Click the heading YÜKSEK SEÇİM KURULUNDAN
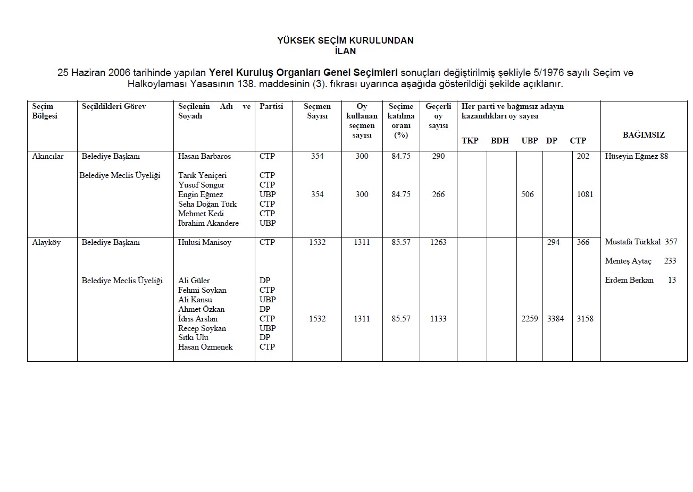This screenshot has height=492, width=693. coord(345,40)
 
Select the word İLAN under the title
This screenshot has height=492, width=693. coord(345,52)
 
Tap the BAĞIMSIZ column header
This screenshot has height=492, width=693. coord(644,135)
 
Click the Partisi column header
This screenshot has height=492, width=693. coord(271,106)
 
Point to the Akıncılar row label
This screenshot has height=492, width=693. coord(48,156)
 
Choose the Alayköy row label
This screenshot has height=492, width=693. coord(47,242)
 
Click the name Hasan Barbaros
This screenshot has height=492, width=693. coord(204,156)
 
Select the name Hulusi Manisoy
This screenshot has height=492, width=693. coord(205,242)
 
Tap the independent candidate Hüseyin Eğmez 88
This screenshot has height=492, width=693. coord(636,156)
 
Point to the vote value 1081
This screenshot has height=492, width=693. coord(585,194)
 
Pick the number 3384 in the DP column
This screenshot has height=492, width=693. coord(555,319)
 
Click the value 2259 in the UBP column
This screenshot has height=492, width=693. coord(529,319)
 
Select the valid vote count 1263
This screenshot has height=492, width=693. coord(438,242)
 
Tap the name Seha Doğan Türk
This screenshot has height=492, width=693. coord(207,204)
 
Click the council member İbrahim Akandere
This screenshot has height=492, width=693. coord(208,223)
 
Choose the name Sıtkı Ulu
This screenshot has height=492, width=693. coord(193,337)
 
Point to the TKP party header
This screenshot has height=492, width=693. coord(470,141)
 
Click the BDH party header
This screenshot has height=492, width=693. coord(499,141)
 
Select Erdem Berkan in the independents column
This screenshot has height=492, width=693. coord(629,280)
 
